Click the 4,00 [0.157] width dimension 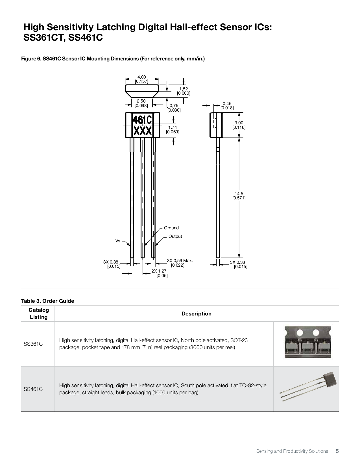point(141,79)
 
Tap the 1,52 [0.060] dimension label point(184,91)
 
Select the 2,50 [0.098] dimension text point(141,103)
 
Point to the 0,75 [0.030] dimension point(174,108)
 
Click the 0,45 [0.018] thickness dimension point(227,106)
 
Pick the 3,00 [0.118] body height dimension point(239,125)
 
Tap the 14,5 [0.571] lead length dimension point(239,196)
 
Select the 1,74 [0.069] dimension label point(173,130)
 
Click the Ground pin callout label point(171,228)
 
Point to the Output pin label point(175,236)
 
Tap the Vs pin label point(118,241)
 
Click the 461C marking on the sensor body point(142,120)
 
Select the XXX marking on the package point(143,131)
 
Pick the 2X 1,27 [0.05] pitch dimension point(159,273)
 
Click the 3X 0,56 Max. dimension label point(180,263)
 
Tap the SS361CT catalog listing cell point(34,344)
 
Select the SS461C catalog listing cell point(33,389)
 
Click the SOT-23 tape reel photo point(307,342)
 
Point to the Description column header point(196,314)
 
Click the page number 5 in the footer point(337,451)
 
